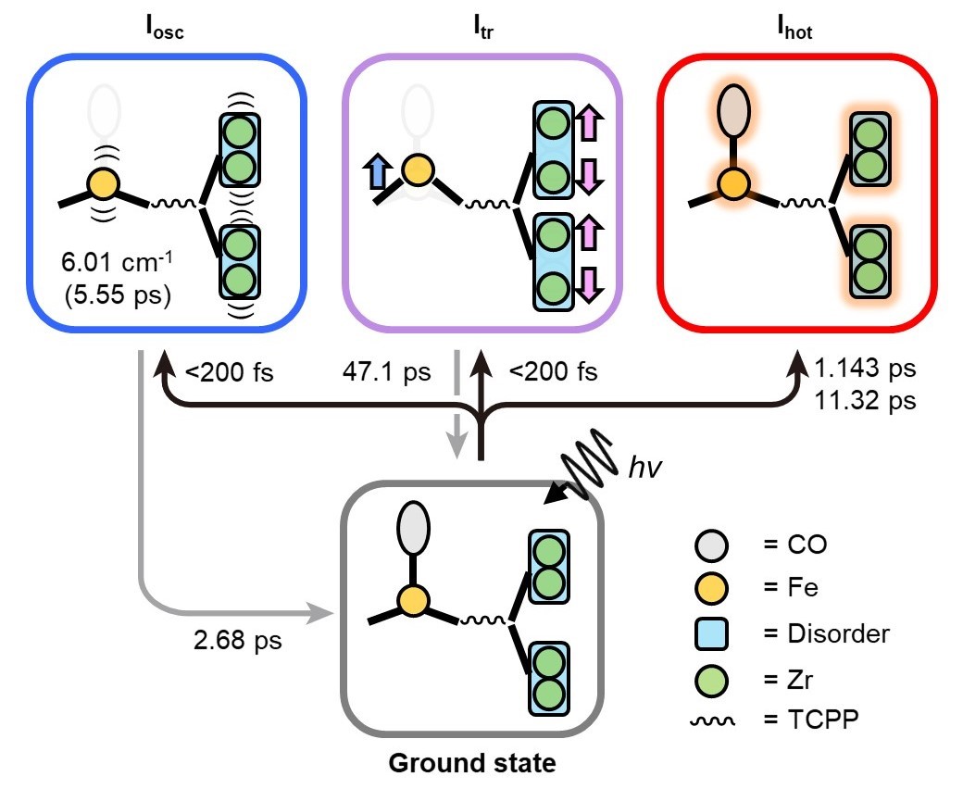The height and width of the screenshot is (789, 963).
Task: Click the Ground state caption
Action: [x=472, y=764]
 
